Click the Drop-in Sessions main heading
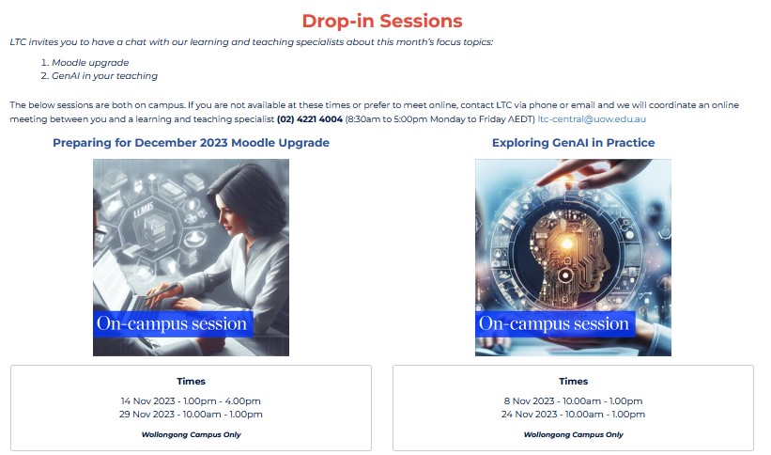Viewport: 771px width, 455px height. [x=382, y=21]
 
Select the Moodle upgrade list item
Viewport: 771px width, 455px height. [x=92, y=62]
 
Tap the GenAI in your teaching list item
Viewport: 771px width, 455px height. [x=104, y=75]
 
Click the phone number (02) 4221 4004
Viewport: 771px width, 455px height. [x=310, y=119]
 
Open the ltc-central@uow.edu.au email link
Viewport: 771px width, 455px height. [x=592, y=119]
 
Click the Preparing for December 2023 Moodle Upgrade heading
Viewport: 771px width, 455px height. [x=191, y=143]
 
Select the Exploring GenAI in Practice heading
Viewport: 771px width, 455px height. [x=573, y=143]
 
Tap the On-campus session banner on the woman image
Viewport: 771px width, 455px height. [x=172, y=324]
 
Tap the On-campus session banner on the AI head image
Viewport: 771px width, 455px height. [x=554, y=324]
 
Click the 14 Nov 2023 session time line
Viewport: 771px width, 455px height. [x=191, y=400]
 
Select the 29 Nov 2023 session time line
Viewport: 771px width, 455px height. [x=191, y=414]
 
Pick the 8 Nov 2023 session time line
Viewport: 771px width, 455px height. [x=573, y=400]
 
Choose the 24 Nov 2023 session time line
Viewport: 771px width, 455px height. [x=573, y=414]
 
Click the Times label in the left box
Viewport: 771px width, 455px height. [x=191, y=381]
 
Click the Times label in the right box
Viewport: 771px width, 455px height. [x=573, y=381]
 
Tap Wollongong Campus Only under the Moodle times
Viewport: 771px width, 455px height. [x=191, y=434]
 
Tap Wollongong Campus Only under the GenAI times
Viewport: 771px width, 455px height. [x=573, y=434]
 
